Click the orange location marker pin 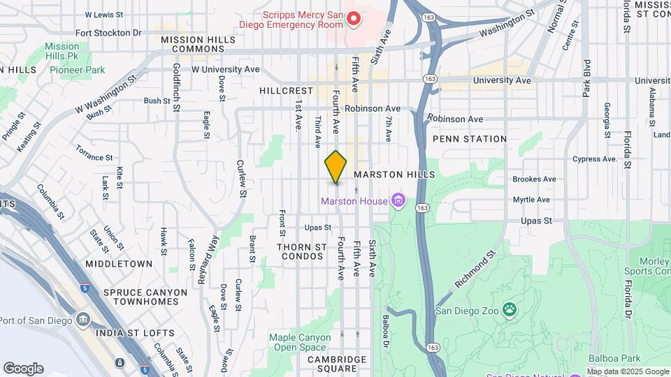click(335, 167)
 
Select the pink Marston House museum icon click(398, 202)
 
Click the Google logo click(23, 369)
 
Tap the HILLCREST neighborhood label click(286, 91)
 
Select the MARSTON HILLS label click(395, 174)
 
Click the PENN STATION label click(469, 139)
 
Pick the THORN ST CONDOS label click(302, 253)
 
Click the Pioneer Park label click(78, 70)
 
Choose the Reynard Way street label click(203, 260)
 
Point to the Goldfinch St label click(177, 81)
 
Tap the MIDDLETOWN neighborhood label click(119, 264)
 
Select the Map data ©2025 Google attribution click(628, 371)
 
